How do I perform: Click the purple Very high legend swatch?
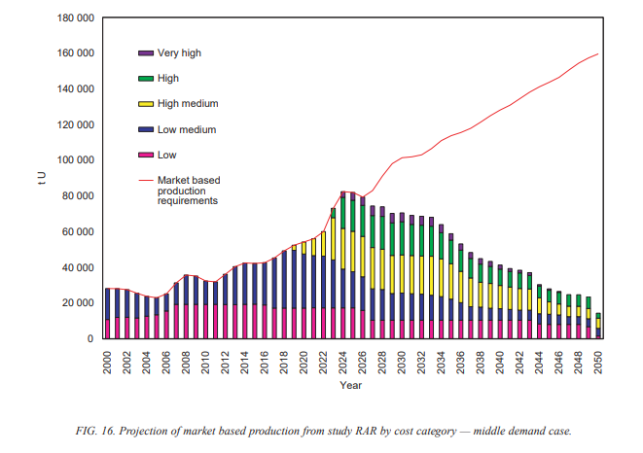point(146,52)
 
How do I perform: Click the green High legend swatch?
point(146,79)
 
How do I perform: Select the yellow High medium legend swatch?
point(146,103)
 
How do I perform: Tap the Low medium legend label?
point(187,129)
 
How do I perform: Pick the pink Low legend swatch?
point(146,155)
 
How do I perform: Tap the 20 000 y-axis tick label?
point(76,302)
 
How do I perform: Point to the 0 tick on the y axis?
point(89,338)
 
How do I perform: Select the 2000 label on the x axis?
point(107,362)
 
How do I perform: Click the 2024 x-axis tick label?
point(342,362)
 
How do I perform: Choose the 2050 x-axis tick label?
point(597,362)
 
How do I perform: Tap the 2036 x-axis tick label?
point(460,362)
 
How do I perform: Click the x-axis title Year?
point(351,386)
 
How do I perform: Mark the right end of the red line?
point(597,53)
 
